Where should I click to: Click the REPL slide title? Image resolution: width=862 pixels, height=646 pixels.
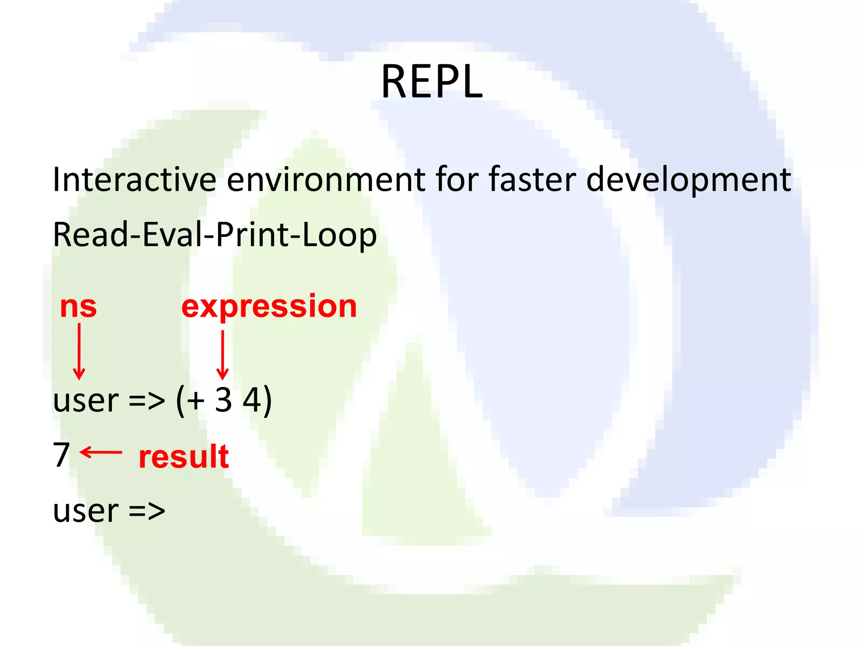(x=431, y=82)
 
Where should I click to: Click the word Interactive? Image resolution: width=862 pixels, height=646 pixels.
(x=134, y=180)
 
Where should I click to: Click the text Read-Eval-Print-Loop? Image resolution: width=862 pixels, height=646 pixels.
(x=215, y=235)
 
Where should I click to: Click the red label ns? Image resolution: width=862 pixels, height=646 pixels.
(x=78, y=307)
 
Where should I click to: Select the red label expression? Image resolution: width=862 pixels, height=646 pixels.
(x=269, y=307)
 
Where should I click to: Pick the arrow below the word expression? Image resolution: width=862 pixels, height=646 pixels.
(x=222, y=355)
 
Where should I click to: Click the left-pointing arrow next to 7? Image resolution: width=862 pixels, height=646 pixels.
(x=101, y=453)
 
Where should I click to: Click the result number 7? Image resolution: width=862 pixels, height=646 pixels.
(x=61, y=455)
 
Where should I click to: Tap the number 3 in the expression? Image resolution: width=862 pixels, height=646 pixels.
(x=223, y=400)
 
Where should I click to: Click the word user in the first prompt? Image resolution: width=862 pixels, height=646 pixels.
(x=86, y=401)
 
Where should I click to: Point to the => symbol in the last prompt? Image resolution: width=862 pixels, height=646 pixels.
(x=147, y=511)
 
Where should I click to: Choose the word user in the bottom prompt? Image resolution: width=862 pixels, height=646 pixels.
(x=86, y=511)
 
